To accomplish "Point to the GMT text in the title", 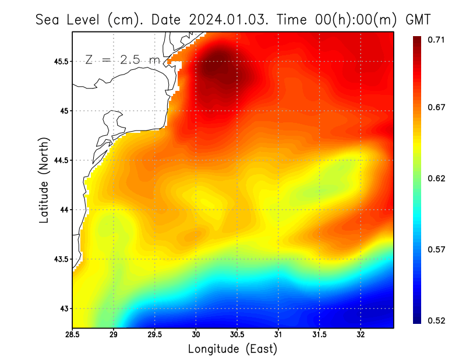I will pos(418,19).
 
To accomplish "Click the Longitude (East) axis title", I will pos(232,349).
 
